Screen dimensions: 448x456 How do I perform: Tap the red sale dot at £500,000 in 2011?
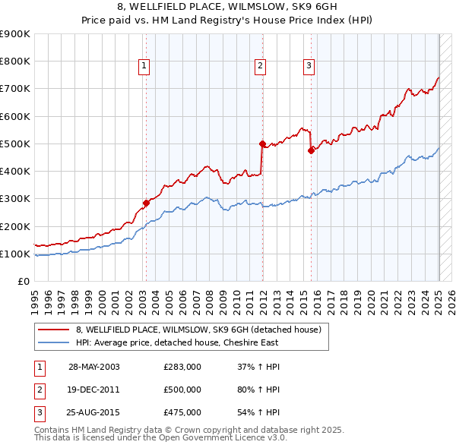pyautogui.click(x=261, y=144)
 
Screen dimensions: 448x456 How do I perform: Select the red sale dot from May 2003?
pyautogui.click(x=146, y=203)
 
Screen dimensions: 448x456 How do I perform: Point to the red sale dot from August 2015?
pyautogui.click(x=311, y=150)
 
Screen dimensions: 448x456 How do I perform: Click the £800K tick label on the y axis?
pyautogui.click(x=15, y=62)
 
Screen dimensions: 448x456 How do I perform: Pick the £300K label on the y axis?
pyautogui.click(x=15, y=199)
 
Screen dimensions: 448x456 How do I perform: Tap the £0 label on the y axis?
pyautogui.click(x=23, y=282)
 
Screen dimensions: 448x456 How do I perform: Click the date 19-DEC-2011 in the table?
pyautogui.click(x=93, y=390)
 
